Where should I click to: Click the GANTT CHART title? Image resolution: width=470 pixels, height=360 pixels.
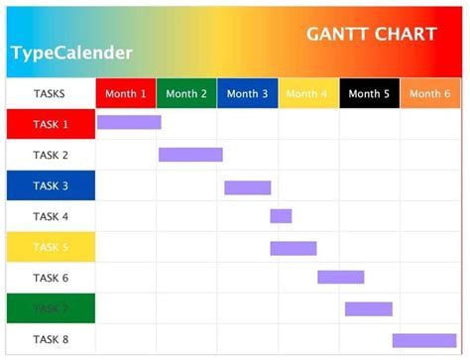372,34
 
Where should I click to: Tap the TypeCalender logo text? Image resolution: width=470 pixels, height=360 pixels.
71,53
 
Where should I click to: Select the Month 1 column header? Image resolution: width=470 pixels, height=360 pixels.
126,94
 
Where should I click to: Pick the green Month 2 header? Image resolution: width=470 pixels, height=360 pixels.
186,94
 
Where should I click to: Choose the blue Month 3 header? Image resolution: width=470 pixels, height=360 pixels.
247,94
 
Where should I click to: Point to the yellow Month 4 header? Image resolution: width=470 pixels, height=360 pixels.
308,94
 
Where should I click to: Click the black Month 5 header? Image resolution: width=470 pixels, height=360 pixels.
369,94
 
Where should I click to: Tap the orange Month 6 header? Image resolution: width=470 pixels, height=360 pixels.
429,94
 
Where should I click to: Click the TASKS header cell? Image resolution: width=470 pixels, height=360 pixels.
51,94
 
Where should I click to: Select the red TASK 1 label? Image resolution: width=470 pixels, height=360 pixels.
51,125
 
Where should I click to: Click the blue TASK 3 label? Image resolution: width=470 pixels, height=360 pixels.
51,186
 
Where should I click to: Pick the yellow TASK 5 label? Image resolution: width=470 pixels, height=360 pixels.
51,248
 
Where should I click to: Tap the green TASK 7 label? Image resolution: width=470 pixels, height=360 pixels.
51,308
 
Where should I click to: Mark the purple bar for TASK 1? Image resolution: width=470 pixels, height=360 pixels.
129,122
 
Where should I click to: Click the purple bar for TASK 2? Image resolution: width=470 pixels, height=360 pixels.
190,155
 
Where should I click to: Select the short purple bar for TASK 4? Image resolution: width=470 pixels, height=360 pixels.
281,216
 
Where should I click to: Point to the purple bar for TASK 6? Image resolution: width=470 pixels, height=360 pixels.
340,278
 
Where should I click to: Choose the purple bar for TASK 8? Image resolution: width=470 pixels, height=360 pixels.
424,340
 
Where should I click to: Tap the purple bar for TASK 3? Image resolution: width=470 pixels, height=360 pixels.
247,187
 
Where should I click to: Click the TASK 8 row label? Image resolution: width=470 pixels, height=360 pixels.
51,339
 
